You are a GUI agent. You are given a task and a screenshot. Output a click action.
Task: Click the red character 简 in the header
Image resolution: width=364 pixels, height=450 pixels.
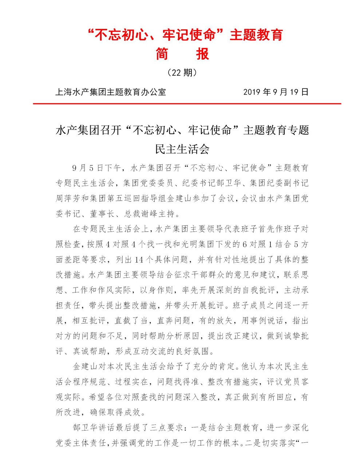tap(162, 54)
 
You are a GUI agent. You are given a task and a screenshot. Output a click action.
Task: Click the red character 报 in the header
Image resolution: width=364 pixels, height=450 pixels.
tap(203, 54)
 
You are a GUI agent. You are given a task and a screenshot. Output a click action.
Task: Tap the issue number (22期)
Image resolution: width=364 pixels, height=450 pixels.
tap(182, 73)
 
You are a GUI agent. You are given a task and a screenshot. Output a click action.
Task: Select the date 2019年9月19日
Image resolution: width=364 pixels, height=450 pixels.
tap(276, 92)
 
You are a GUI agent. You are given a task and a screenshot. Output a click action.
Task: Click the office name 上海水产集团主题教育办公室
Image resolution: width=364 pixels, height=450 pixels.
tap(110, 92)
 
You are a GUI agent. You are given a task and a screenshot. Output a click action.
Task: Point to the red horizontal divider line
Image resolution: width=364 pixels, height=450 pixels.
tap(187, 104)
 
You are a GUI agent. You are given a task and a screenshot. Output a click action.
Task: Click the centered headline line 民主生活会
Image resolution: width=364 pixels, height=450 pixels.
tap(182, 149)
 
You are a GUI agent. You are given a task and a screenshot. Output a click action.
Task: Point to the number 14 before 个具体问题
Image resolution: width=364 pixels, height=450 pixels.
tap(139, 259)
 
